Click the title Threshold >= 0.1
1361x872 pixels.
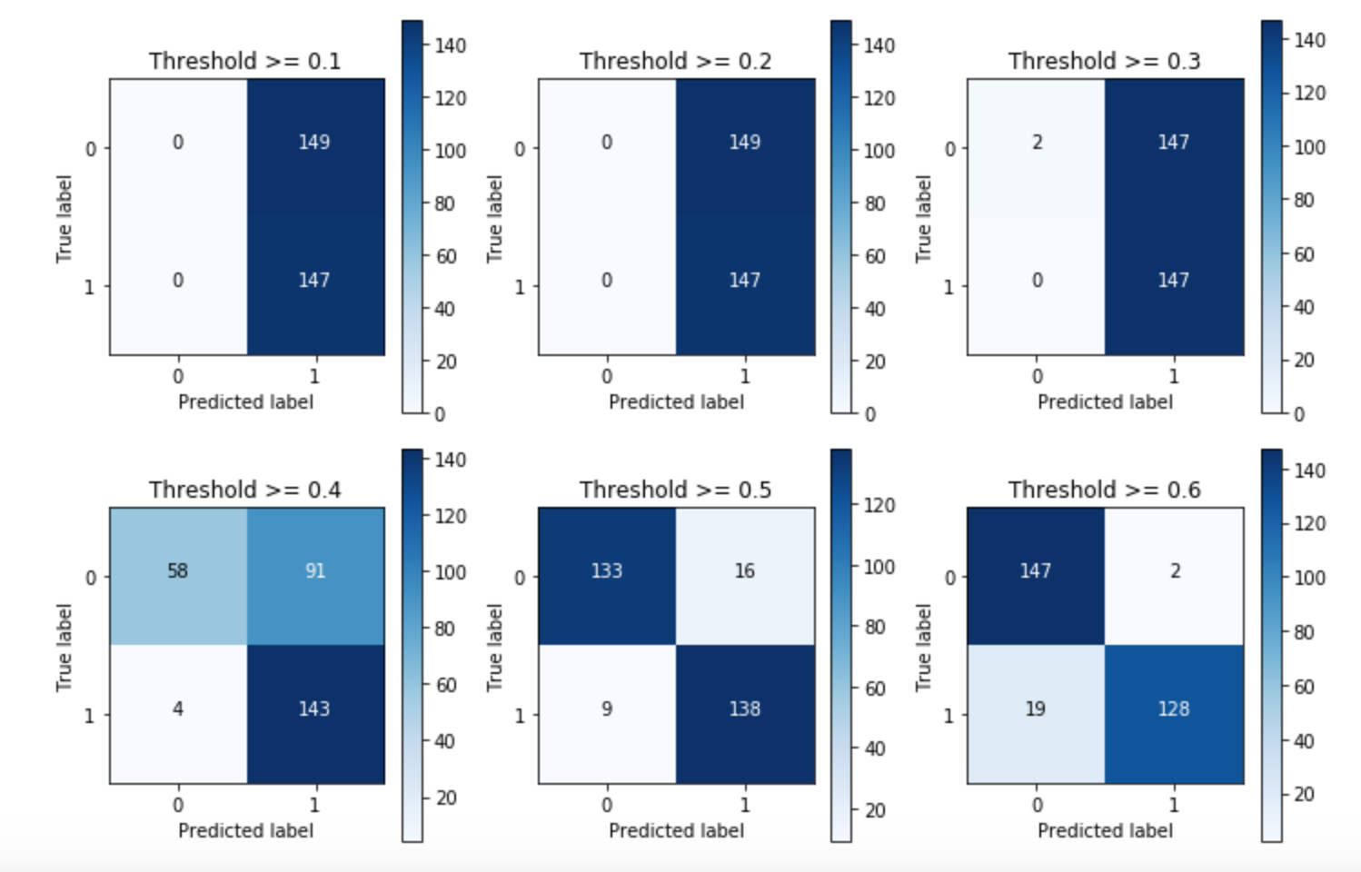244,61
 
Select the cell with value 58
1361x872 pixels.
177,571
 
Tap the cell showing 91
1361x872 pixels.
314,571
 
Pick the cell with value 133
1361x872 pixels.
606,571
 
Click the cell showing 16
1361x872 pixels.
744,571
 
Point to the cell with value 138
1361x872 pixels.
744,709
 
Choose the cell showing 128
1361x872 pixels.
1173,709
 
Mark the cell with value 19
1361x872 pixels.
1036,709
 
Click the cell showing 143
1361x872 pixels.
314,709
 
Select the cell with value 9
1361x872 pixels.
606,709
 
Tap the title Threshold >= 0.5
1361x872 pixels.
675,490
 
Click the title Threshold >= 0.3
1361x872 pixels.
1104,61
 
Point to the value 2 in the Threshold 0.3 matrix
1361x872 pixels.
1037,143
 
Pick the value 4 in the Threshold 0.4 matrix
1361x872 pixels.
177,709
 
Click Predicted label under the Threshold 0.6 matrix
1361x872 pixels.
1105,830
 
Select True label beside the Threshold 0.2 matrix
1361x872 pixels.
494,219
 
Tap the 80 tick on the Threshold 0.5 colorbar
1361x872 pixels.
874,627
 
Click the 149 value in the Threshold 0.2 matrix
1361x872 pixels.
744,143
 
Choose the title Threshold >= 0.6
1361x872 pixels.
1104,490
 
